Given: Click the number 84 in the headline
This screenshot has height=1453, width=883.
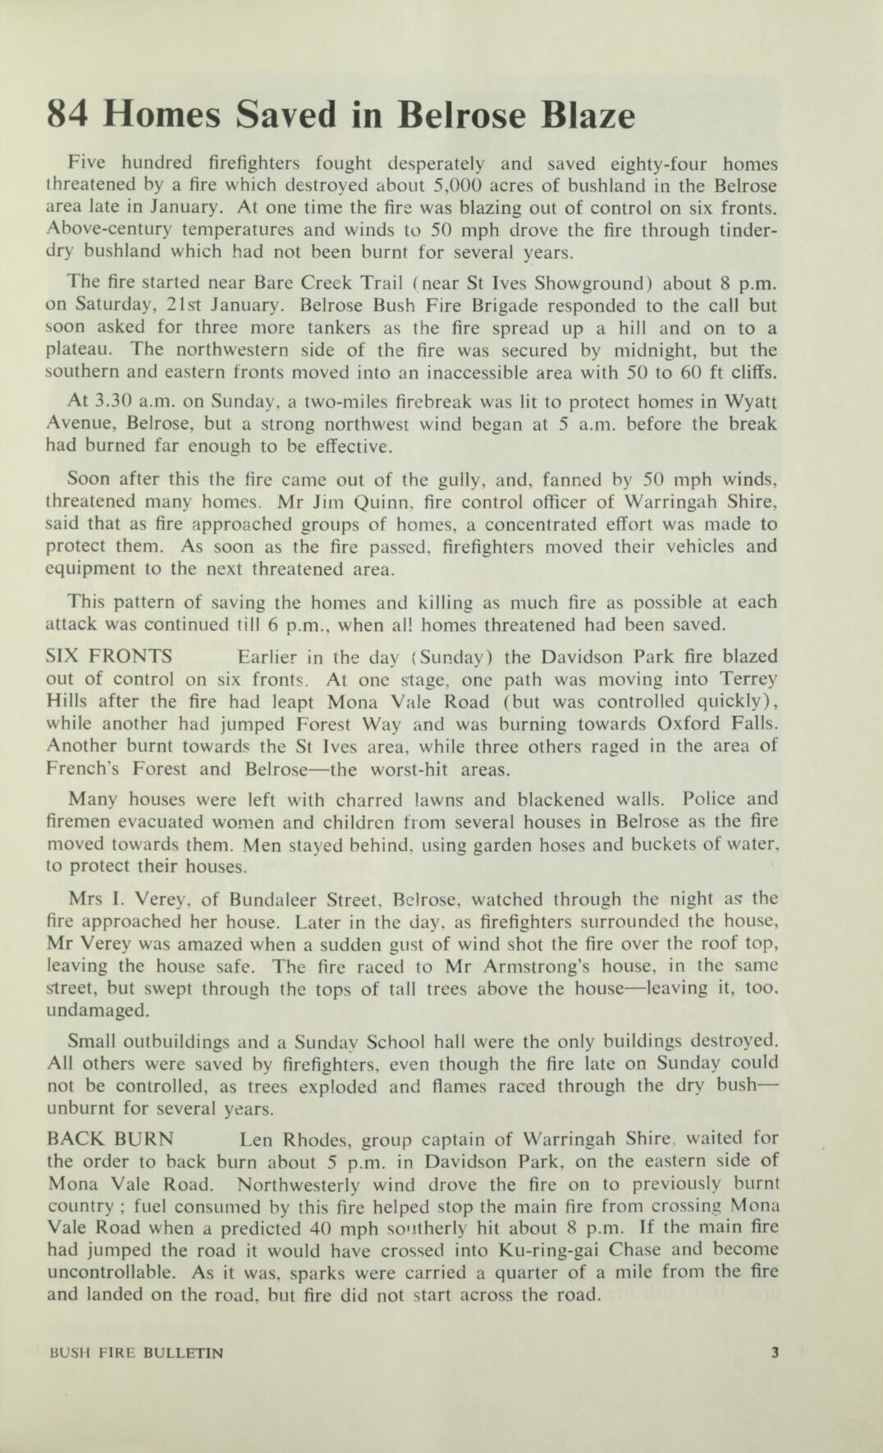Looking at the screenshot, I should click(71, 115).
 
